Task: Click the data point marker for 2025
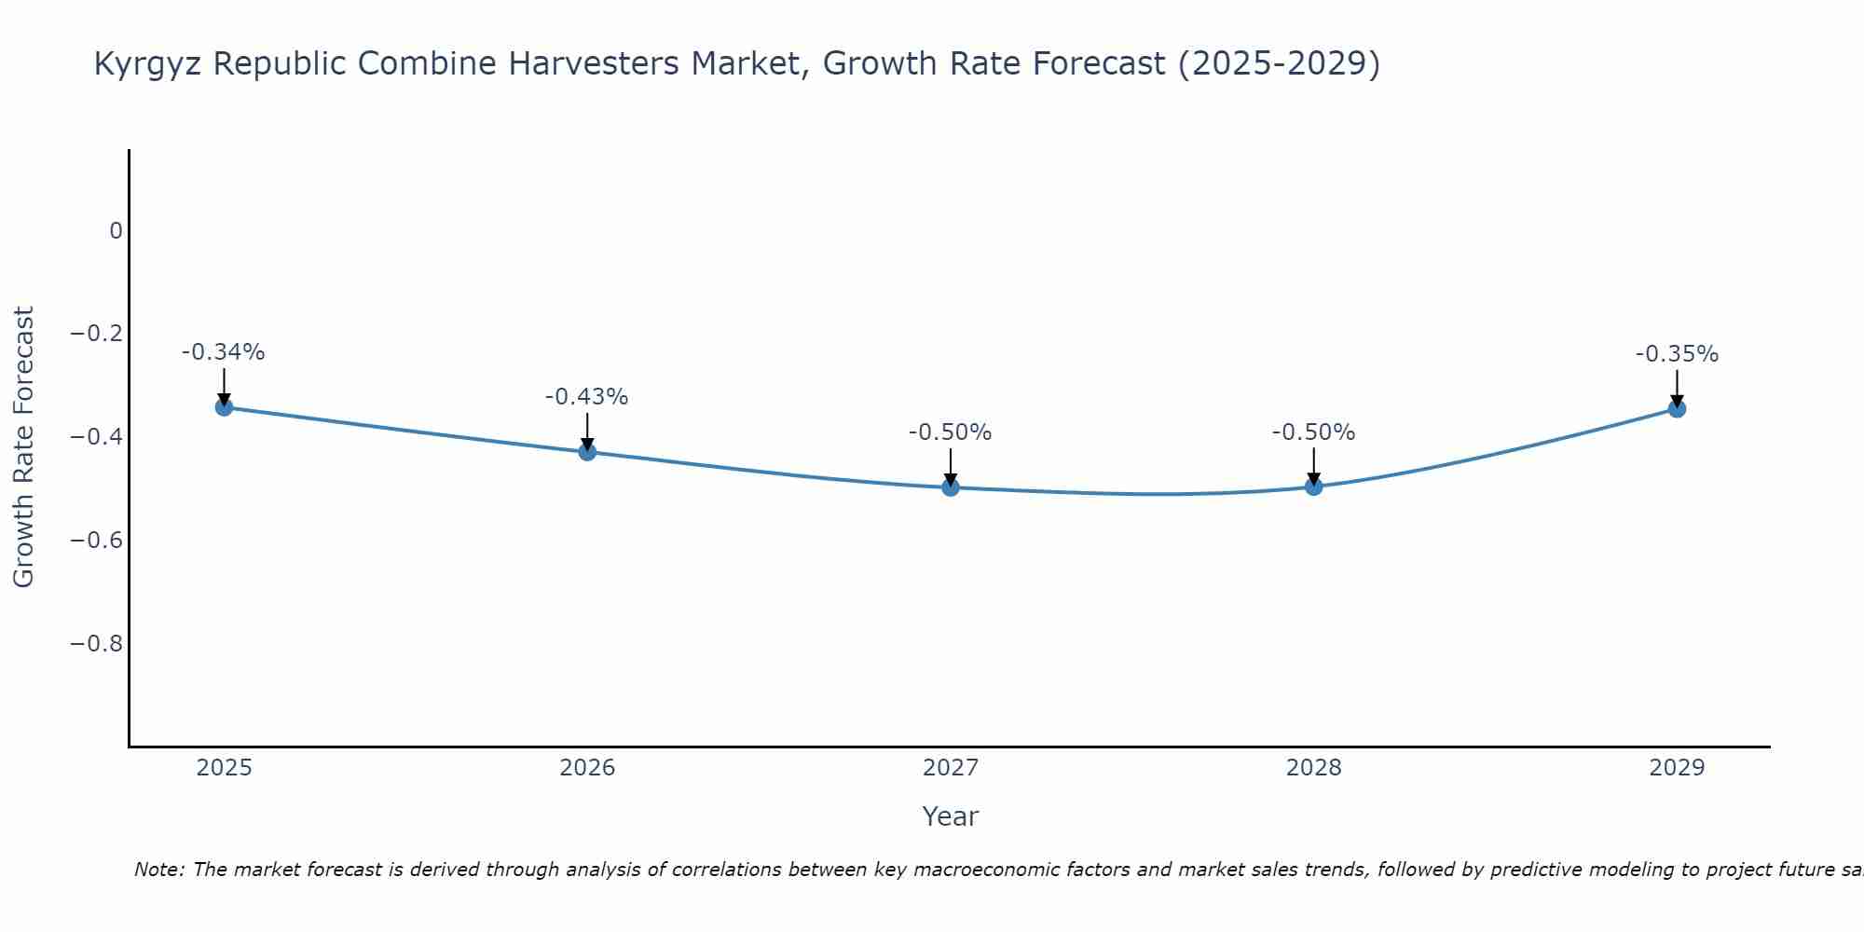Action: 224,406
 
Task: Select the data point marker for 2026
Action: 587,452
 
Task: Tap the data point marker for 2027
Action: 951,487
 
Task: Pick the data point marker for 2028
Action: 1314,486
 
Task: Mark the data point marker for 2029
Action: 1677,408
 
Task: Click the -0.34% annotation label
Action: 224,352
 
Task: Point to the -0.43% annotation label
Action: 587,397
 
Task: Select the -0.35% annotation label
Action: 1677,354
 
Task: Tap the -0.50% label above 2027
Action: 951,432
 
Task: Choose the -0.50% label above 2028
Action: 1314,432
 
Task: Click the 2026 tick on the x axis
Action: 587,768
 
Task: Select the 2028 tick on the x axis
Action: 1314,768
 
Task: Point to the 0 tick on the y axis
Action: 116,231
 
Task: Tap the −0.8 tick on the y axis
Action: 97,644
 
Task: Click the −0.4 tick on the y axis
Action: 97,437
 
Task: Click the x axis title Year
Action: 950,816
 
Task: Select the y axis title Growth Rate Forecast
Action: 23,447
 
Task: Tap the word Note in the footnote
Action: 159,870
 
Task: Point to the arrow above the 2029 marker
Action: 1677,388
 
